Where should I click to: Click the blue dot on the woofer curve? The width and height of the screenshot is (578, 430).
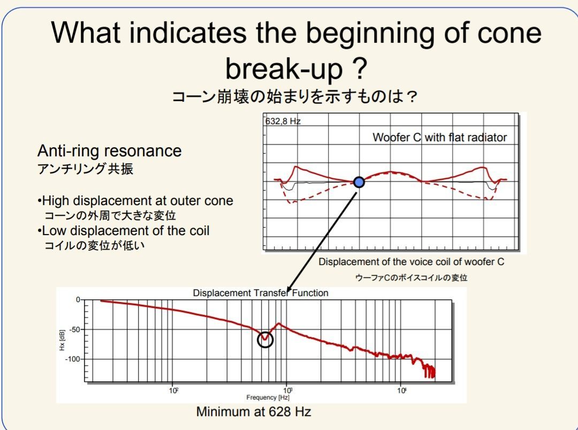pyautogui.click(x=359, y=182)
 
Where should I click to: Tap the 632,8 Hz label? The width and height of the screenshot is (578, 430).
pyautogui.click(x=283, y=122)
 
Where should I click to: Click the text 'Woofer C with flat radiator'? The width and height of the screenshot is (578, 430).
pyautogui.click(x=439, y=138)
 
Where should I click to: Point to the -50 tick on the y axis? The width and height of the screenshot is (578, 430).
pyautogui.click(x=75, y=329)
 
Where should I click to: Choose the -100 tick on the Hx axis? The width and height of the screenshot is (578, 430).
pyautogui.click(x=73, y=359)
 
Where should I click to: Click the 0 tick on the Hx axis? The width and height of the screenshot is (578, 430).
pyautogui.click(x=78, y=300)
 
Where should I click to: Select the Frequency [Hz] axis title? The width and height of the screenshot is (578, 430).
pyautogui.click(x=268, y=397)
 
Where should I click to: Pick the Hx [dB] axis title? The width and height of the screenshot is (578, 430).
pyautogui.click(x=62, y=340)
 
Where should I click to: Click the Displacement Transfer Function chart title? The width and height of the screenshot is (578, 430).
pyautogui.click(x=260, y=293)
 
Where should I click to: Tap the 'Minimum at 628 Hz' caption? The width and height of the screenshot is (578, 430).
pyautogui.click(x=254, y=412)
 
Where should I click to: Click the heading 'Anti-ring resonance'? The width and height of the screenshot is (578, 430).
pyautogui.click(x=110, y=151)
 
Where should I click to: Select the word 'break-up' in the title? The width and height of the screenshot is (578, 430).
pyautogui.click(x=284, y=69)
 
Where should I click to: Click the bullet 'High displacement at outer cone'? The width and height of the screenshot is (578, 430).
pyautogui.click(x=135, y=201)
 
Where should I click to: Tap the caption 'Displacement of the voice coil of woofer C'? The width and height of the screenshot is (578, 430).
pyautogui.click(x=412, y=262)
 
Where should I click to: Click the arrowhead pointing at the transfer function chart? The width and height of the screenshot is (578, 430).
pyautogui.click(x=290, y=288)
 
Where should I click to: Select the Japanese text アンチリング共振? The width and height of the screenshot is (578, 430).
pyautogui.click(x=85, y=169)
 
